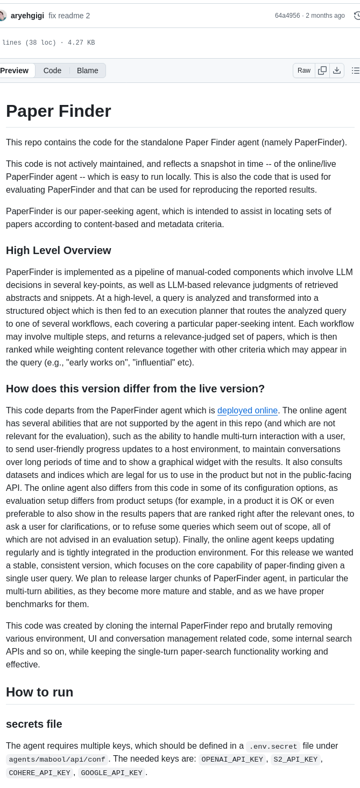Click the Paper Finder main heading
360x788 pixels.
59,111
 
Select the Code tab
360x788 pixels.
52,71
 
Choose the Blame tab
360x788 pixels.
87,71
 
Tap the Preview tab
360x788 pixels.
15,71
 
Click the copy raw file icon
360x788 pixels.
322,71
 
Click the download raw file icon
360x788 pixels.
337,71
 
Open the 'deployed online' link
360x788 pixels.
248,411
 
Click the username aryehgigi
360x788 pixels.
27,16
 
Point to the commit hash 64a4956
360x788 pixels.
287,16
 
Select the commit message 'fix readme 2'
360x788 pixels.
69,16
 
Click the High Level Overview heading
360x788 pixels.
59,250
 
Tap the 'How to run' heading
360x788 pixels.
40,692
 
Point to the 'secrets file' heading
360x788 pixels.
34,724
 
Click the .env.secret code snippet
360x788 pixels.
273,747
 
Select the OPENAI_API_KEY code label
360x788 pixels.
232,759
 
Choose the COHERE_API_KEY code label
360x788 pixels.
39,773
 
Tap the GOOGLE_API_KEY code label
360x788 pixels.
111,773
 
